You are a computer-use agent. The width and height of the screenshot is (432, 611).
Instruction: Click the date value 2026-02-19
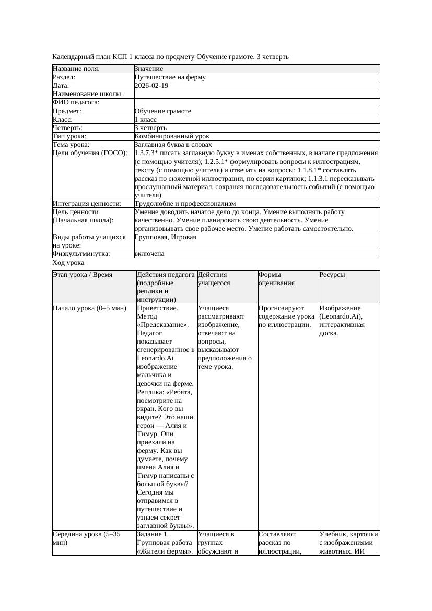(x=151, y=86)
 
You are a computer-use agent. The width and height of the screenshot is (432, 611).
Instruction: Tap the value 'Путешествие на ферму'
(x=170, y=77)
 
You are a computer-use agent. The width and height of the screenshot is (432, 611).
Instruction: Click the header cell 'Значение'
(x=149, y=69)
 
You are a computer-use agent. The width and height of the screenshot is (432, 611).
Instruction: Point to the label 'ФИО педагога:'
(x=76, y=103)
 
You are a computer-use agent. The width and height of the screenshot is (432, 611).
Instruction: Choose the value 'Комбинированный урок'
(x=172, y=136)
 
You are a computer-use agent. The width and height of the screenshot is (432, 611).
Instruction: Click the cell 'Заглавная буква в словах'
(x=173, y=145)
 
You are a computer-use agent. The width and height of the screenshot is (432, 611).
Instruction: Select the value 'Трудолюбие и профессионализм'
(x=185, y=204)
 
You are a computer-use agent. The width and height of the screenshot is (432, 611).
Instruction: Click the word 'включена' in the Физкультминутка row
(x=149, y=254)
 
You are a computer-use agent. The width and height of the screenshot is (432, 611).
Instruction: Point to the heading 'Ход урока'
(x=68, y=263)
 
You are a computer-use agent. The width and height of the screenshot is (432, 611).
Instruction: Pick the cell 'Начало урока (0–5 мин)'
(x=90, y=308)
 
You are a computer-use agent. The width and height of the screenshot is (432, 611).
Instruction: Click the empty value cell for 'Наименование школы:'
(x=256, y=94)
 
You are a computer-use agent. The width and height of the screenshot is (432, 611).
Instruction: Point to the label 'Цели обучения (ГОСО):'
(x=90, y=154)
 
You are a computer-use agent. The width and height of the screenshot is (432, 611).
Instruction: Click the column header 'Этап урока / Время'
(x=83, y=275)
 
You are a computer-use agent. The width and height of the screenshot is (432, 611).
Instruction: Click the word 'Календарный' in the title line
(x=73, y=56)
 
